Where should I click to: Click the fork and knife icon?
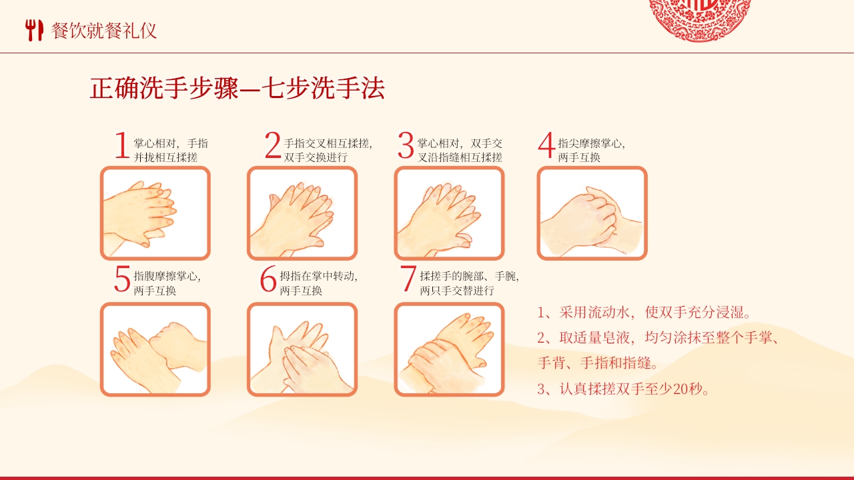click(33, 30)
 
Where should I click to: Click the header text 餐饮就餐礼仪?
click(104, 30)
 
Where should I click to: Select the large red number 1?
click(121, 146)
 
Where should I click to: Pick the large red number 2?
click(272, 146)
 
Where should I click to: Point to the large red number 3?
click(406, 146)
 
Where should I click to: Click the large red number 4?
click(546, 146)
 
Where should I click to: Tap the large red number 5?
click(122, 279)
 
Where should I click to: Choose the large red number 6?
click(268, 281)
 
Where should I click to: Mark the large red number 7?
click(408, 279)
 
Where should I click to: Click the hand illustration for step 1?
click(155, 213)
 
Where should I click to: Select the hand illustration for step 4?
click(592, 213)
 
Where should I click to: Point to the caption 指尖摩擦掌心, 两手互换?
click(591, 150)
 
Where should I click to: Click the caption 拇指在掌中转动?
click(318, 276)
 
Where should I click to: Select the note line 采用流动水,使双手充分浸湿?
click(645, 313)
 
